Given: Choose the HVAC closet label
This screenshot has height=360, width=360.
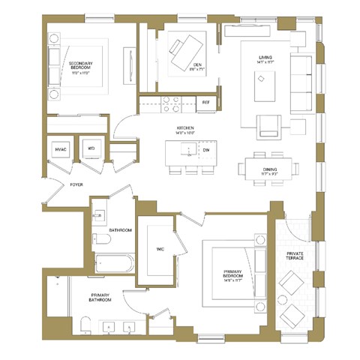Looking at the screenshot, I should click(x=61, y=149).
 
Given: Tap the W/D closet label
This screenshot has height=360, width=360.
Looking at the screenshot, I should click(x=90, y=149).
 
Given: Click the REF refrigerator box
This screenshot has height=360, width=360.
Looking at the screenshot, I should click(x=205, y=101).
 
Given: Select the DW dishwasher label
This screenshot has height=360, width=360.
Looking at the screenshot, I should click(x=206, y=149).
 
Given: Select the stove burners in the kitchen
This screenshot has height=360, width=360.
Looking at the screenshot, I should click(x=169, y=101).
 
